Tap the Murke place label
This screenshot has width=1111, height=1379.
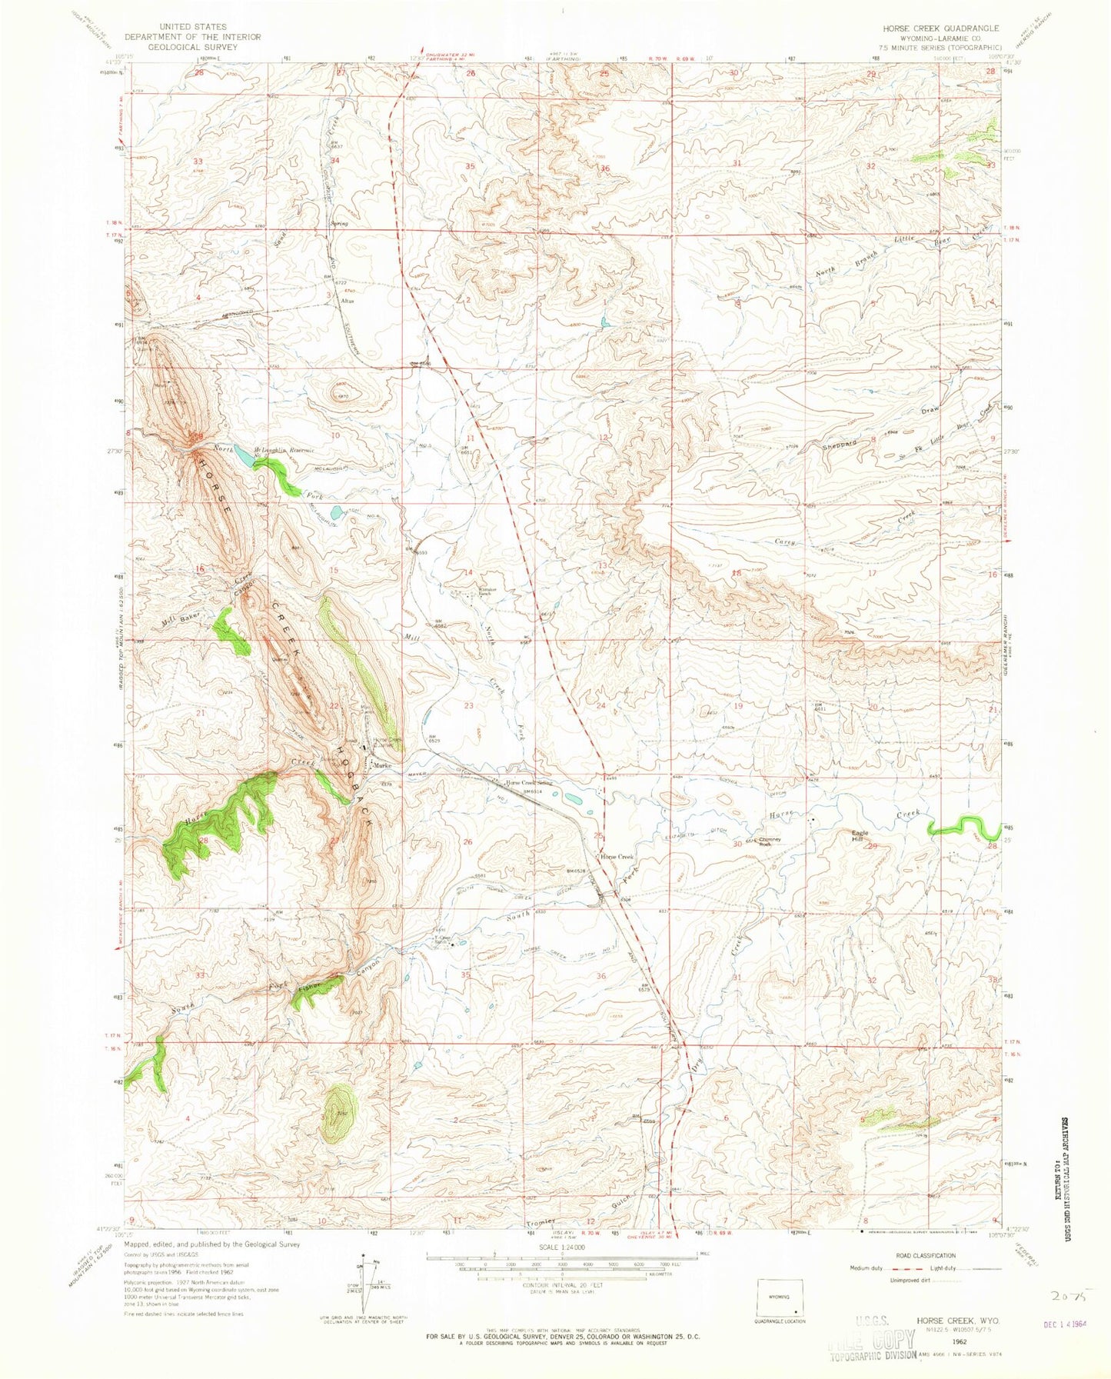[382, 766]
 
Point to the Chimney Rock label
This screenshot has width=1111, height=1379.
[770, 841]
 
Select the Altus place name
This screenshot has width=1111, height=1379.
[346, 301]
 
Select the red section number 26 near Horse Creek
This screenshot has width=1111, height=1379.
[467, 842]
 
